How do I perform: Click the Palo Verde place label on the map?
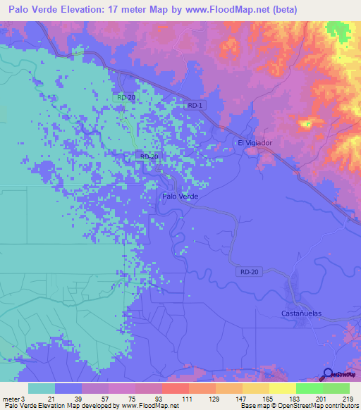(180, 197)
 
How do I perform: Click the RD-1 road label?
(197, 105)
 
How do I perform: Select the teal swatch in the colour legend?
(42, 388)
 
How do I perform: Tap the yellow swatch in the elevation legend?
(282, 388)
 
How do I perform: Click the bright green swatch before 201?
(309, 388)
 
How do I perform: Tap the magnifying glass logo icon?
(328, 374)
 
